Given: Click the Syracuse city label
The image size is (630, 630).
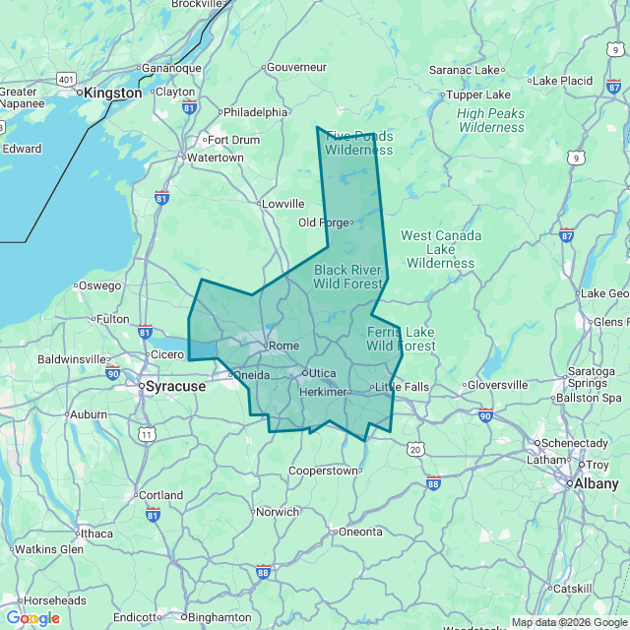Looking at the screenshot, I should [175, 387].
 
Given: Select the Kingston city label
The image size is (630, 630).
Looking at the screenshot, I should [113, 93].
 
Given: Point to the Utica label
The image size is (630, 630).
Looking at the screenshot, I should [323, 374].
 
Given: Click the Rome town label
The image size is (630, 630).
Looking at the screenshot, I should [283, 346].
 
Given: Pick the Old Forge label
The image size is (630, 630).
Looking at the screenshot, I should [324, 222].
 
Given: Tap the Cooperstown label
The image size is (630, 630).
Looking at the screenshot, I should [323, 471].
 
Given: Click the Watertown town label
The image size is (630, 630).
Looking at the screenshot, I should [215, 157].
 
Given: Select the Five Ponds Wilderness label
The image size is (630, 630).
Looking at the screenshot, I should [359, 143].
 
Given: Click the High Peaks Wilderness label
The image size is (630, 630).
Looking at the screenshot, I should [491, 120].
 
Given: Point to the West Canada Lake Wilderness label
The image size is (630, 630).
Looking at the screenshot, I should [441, 249].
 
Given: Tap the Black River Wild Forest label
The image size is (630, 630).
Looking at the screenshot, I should [347, 277].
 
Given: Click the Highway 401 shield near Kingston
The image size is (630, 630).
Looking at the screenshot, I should [66, 78].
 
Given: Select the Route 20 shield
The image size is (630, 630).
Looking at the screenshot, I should [415, 449].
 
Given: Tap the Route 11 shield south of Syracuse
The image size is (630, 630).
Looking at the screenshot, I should [148, 433].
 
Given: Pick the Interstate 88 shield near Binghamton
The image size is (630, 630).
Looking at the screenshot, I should [263, 571].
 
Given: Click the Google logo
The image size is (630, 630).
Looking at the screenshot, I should [32, 618].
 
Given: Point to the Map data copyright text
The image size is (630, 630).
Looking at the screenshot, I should [569, 622].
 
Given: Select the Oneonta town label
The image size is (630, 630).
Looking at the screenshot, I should [360, 532].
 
